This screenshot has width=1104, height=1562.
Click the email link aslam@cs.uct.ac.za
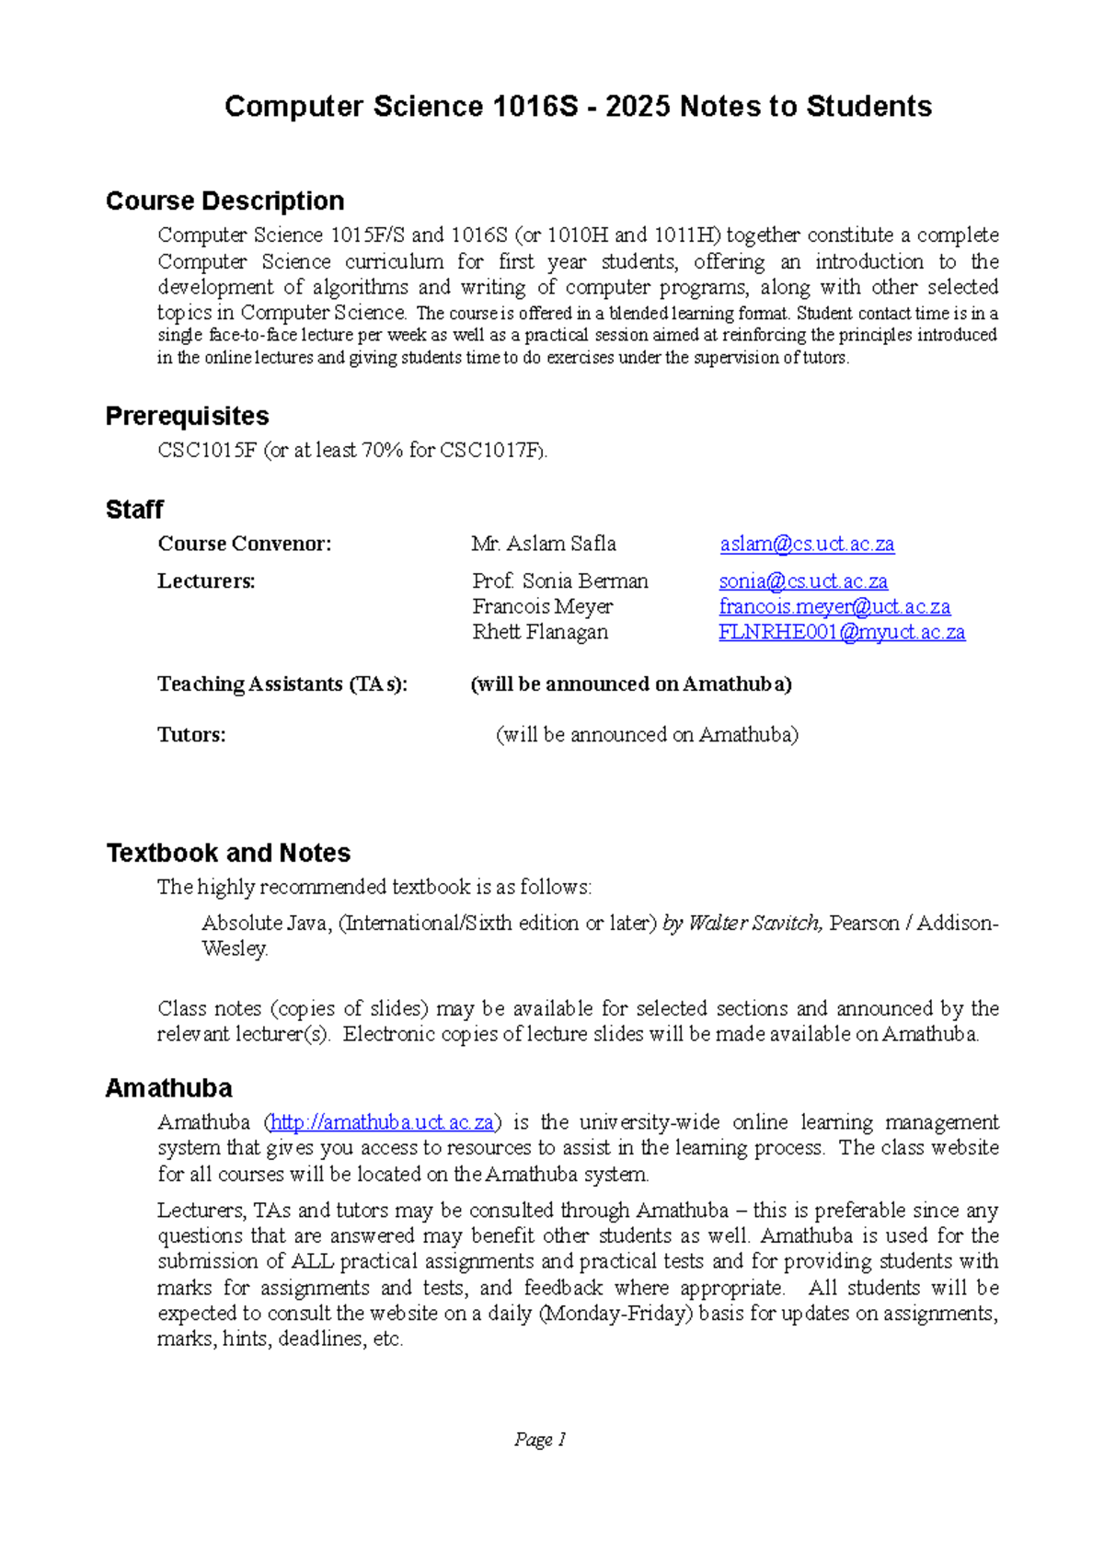(807, 544)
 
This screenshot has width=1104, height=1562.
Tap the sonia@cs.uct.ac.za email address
(803, 581)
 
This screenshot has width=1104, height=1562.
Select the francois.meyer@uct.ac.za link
(834, 606)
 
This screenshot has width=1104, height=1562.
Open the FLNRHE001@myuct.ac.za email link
(842, 632)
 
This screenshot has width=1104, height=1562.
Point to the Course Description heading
(224, 201)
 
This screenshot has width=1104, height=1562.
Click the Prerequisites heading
(187, 416)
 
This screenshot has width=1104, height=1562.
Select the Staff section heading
(134, 510)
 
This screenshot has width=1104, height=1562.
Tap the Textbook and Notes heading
(228, 853)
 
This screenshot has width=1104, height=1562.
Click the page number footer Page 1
(540, 1440)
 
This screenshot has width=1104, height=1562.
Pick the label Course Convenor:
(244, 544)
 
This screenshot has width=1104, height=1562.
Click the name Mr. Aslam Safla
(544, 544)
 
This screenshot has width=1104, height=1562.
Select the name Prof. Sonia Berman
(560, 581)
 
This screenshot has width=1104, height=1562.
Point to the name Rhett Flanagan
(540, 632)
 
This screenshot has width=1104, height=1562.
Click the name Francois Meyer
(542, 606)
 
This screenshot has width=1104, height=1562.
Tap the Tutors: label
(191, 734)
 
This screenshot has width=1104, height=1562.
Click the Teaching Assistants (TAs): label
(282, 683)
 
